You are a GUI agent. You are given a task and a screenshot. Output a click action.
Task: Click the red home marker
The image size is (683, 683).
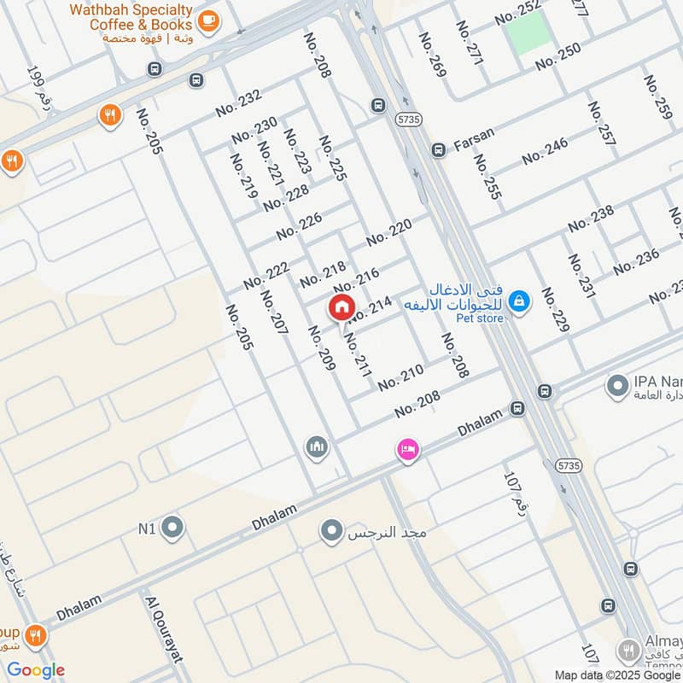(340, 306)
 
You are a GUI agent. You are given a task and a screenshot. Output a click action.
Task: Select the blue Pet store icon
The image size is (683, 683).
(518, 301)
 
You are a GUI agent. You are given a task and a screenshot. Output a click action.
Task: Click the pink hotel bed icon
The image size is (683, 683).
(408, 450)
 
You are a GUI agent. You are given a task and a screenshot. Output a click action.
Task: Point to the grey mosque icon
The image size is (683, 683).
(317, 447)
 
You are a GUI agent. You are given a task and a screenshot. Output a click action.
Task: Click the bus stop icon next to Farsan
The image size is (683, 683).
(439, 150)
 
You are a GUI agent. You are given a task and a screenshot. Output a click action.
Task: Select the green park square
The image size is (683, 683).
(528, 33)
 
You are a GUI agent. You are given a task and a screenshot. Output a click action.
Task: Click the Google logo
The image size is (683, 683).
(36, 670)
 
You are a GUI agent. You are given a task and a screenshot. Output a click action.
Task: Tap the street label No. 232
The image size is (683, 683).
(238, 103)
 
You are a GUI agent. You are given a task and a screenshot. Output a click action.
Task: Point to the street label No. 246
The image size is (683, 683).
(545, 151)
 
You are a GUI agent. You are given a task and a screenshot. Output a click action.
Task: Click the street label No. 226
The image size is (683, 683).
(299, 226)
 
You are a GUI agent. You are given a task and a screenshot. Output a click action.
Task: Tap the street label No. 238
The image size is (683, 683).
(591, 218)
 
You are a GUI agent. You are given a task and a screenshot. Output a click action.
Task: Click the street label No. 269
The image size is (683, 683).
(432, 55)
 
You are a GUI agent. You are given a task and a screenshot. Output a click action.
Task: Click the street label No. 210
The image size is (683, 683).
(400, 377)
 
